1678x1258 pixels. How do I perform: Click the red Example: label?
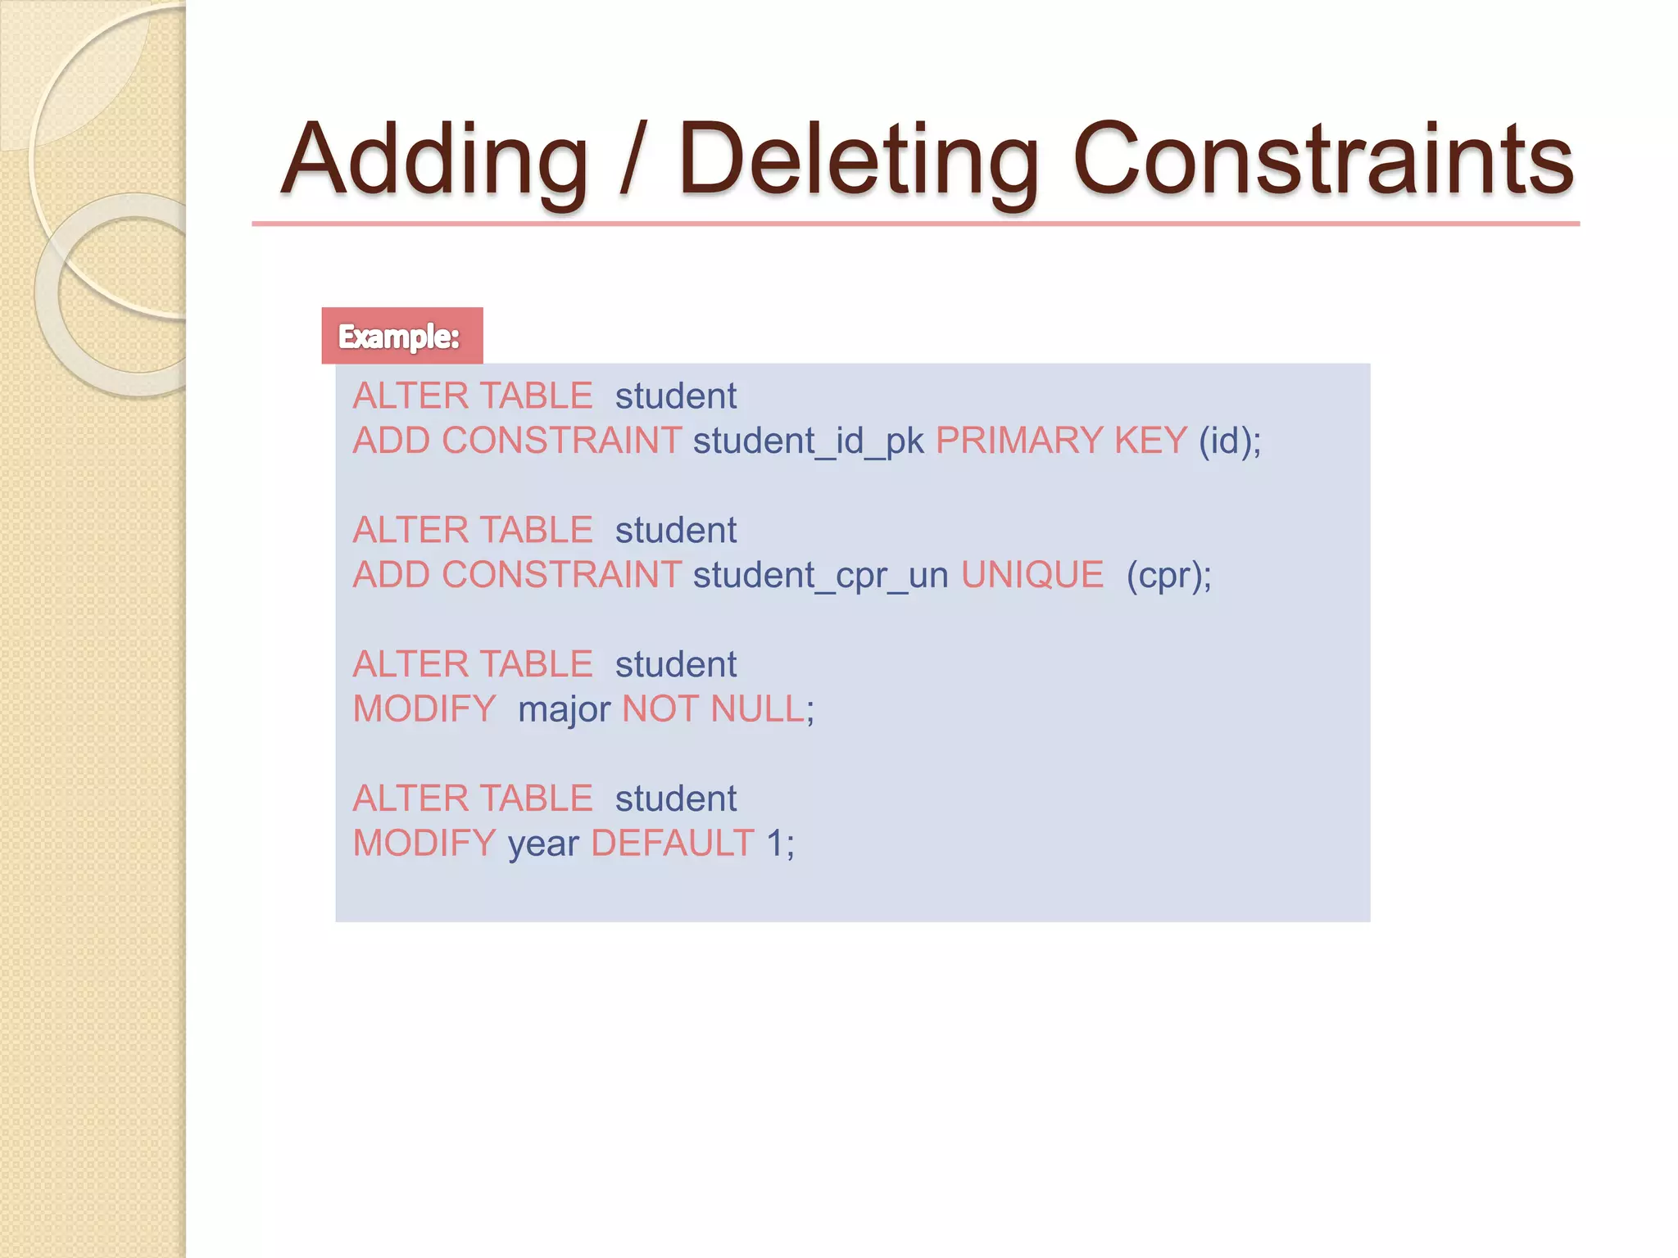click(x=401, y=336)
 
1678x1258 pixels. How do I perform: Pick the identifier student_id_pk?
click(x=808, y=441)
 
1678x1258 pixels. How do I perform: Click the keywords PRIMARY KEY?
click(x=1061, y=441)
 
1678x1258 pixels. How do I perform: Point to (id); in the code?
click(x=1229, y=441)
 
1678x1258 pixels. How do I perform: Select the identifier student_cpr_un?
click(x=820, y=576)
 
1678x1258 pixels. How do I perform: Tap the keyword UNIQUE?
click(x=1032, y=575)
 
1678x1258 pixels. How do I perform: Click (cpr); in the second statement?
click(x=1168, y=576)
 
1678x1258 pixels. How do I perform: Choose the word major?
click(x=564, y=710)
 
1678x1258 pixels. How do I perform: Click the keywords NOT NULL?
click(x=714, y=709)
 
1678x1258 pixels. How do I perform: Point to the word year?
click(x=543, y=844)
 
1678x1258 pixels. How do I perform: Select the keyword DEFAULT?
click(x=672, y=844)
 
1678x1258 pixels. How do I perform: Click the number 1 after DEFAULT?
click(x=775, y=844)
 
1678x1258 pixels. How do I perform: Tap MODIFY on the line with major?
click(x=424, y=709)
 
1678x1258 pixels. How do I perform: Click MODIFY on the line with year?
click(x=424, y=844)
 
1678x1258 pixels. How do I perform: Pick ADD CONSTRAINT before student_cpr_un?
click(x=517, y=575)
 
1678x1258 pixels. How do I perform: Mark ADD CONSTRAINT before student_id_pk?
click(x=517, y=441)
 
